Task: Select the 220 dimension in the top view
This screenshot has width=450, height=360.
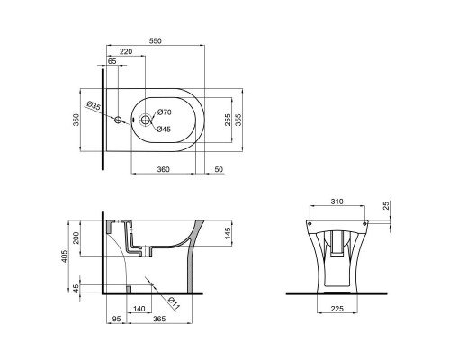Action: (126, 54)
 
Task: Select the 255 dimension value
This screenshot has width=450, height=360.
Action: (229, 120)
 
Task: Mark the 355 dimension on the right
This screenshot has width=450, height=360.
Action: (238, 120)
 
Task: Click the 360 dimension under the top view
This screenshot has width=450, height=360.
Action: (164, 169)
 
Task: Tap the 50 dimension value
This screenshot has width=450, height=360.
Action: (220, 169)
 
